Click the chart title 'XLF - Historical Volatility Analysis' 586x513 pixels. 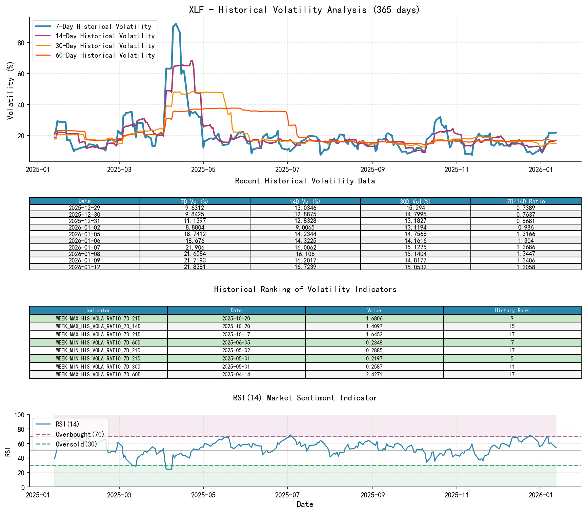pyautogui.click(x=305, y=10)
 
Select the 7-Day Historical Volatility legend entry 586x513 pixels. pyautogui.click(x=103, y=26)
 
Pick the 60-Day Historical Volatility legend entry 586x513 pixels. pyautogui.click(x=105, y=55)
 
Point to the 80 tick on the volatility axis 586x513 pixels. pyautogui.click(x=21, y=43)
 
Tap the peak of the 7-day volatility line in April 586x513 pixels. pyautogui.click(x=176, y=24)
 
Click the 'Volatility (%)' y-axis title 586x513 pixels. pyautogui.click(x=11, y=90)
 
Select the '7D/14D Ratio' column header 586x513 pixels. pyautogui.click(x=526, y=201)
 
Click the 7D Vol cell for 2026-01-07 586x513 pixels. pyautogui.click(x=195, y=248)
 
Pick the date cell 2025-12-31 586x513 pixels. pyautogui.click(x=85, y=221)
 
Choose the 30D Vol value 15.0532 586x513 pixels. pyautogui.click(x=416, y=267)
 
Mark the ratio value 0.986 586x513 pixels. pyautogui.click(x=526, y=228)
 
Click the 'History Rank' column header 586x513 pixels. pyautogui.click(x=512, y=311)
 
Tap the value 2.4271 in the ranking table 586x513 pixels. pyautogui.click(x=374, y=375)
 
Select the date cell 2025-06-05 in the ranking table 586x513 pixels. pyautogui.click(x=236, y=343)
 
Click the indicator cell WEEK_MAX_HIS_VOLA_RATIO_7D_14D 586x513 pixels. pyautogui.click(x=98, y=327)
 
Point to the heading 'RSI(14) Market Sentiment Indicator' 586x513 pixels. pyautogui.click(x=305, y=398)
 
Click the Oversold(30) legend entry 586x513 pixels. pyautogui.click(x=76, y=444)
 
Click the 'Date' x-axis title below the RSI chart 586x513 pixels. pyautogui.click(x=305, y=504)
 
